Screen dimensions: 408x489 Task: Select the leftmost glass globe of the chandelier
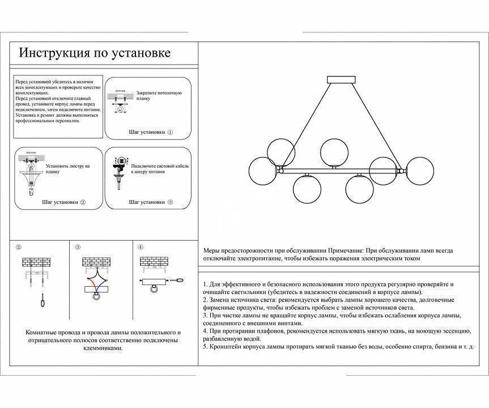pyautogui.click(x=262, y=169)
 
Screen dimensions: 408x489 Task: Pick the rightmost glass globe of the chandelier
pyautogui.click(x=420, y=169)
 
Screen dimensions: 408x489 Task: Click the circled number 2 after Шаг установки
pyautogui.click(x=83, y=202)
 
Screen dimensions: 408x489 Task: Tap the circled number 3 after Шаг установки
pyautogui.click(x=170, y=202)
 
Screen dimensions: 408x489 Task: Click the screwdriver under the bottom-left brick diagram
pyautogui.click(x=41, y=301)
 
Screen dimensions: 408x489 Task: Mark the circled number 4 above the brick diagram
pyautogui.click(x=140, y=247)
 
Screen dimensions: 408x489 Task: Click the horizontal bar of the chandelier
pyautogui.click(x=340, y=169)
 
